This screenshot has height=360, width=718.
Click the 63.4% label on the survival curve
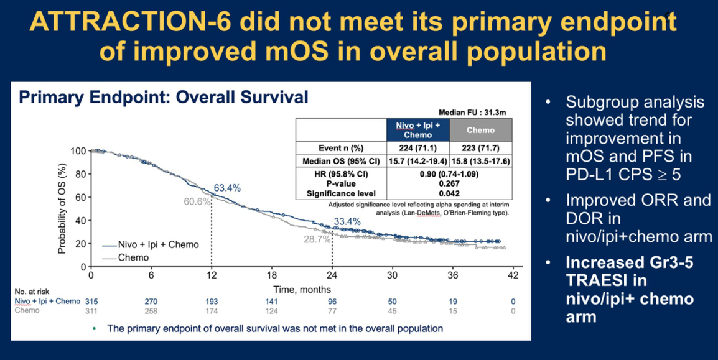tap(227, 188)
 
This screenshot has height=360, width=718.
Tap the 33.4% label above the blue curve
tap(347, 222)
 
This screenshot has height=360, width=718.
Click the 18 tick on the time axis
tap(271, 276)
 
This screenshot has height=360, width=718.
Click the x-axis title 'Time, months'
tap(302, 290)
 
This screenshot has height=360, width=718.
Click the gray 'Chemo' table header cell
tap(481, 130)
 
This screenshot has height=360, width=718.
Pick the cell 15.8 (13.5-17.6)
tap(481, 162)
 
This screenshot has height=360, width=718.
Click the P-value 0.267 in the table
tap(449, 183)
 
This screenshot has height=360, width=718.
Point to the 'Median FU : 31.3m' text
tap(476, 113)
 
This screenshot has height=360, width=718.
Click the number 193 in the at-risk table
tap(211, 302)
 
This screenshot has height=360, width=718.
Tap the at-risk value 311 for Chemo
tap(91, 311)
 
